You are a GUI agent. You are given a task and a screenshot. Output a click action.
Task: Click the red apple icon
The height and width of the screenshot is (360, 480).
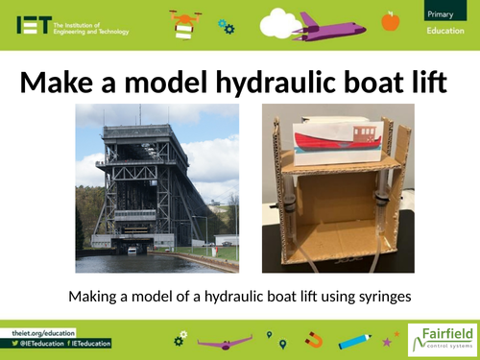[x=390, y=20]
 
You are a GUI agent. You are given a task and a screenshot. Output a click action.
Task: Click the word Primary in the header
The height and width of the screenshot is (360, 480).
[x=443, y=12]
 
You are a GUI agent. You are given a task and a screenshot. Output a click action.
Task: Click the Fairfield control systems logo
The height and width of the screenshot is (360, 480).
[x=440, y=339]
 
